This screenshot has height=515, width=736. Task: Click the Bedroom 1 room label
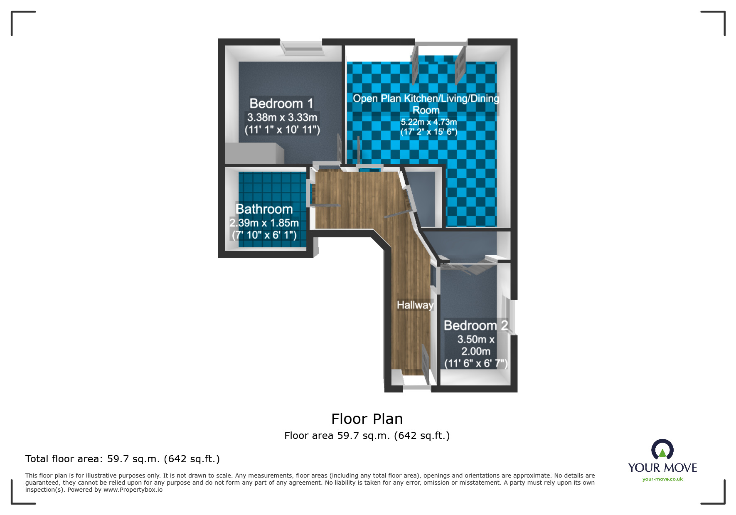tap(281, 103)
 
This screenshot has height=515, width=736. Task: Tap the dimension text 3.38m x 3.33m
tap(282, 117)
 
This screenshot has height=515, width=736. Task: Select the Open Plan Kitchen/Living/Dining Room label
tap(426, 104)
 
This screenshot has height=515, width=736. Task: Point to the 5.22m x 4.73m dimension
tap(428, 122)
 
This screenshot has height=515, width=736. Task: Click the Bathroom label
tap(264, 209)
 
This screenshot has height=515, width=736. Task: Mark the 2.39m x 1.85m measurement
tap(264, 223)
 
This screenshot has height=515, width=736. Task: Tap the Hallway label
tap(415, 305)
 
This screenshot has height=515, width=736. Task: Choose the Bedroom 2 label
tap(475, 325)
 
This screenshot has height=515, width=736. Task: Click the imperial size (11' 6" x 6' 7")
tap(475, 363)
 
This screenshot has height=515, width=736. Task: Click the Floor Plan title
tap(367, 419)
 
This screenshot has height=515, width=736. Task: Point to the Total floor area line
tap(122, 458)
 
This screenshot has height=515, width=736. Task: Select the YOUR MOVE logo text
tap(662, 468)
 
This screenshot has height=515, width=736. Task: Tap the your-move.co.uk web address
tap(662, 479)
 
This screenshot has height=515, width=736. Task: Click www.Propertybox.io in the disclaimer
tap(133, 490)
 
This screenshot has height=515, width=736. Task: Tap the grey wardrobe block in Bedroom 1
tap(254, 153)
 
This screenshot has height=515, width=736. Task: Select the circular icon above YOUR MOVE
tap(662, 450)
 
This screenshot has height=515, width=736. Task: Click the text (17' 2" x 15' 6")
tap(428, 132)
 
